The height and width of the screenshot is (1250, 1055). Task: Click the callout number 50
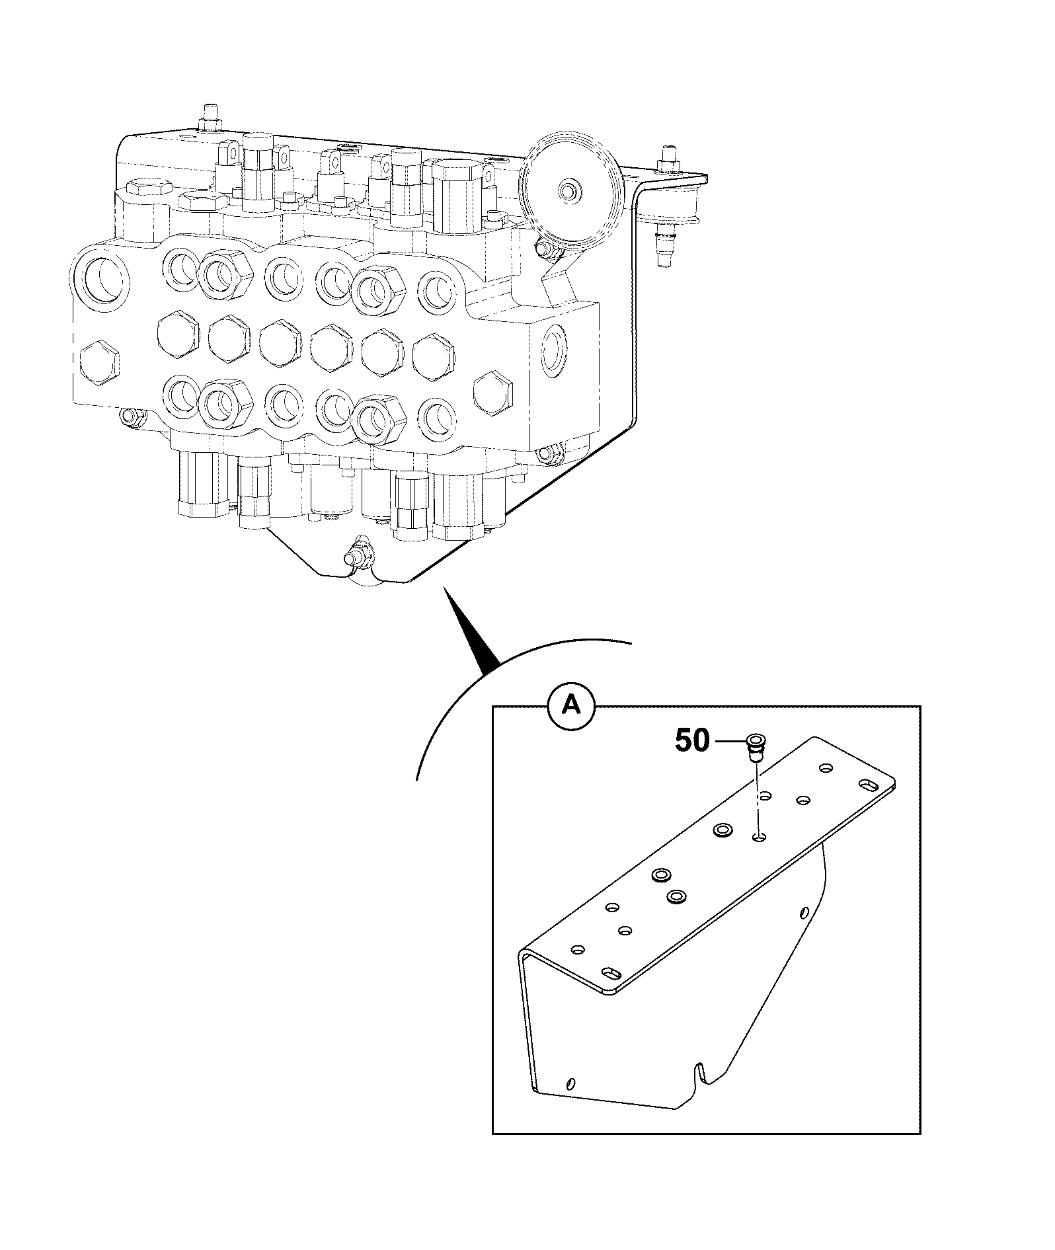pos(691,741)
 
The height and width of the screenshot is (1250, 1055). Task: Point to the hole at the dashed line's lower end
pos(760,838)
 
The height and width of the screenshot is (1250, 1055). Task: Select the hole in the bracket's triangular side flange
pos(804,913)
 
